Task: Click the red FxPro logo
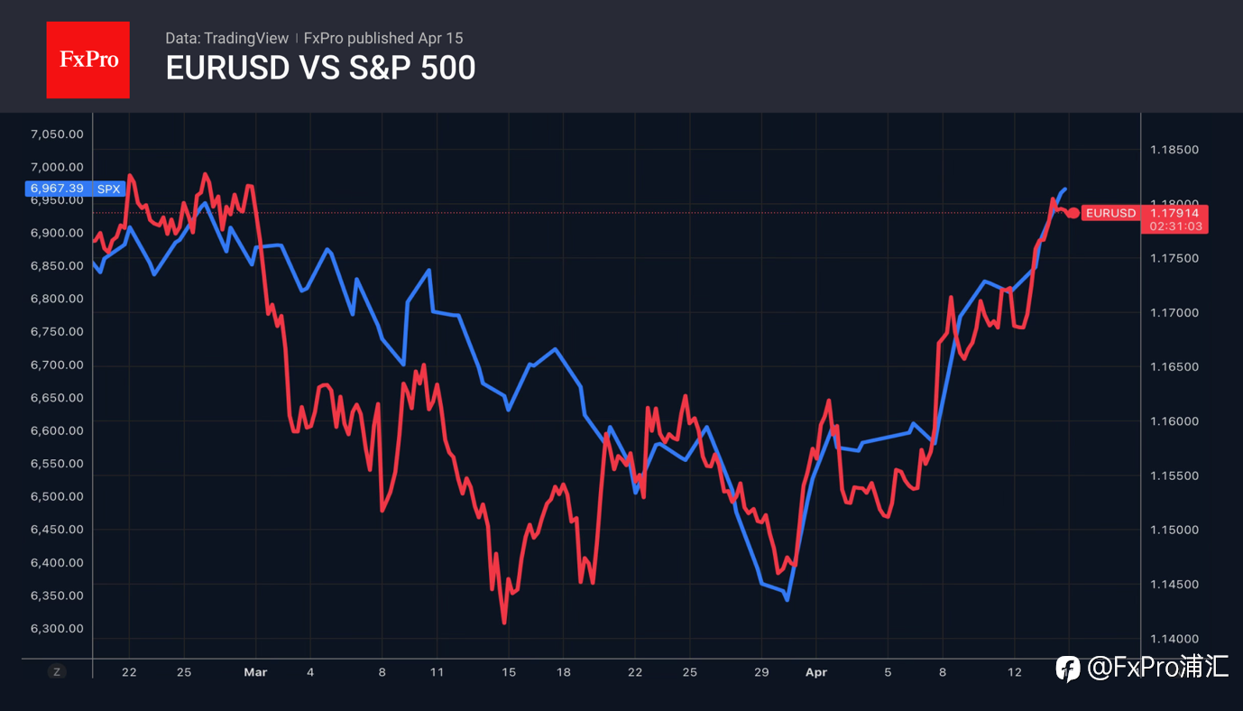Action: (87, 60)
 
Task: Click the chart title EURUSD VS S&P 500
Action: (320, 68)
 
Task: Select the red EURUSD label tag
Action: (1110, 213)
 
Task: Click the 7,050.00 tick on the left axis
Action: (57, 134)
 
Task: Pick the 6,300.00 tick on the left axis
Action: (57, 628)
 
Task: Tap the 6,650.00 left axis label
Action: (57, 398)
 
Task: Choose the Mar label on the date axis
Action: (255, 672)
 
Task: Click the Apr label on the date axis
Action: (815, 672)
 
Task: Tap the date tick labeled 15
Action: (508, 672)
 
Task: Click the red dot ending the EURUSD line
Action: (1073, 213)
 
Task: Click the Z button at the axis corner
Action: (57, 671)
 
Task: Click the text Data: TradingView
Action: (226, 38)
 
